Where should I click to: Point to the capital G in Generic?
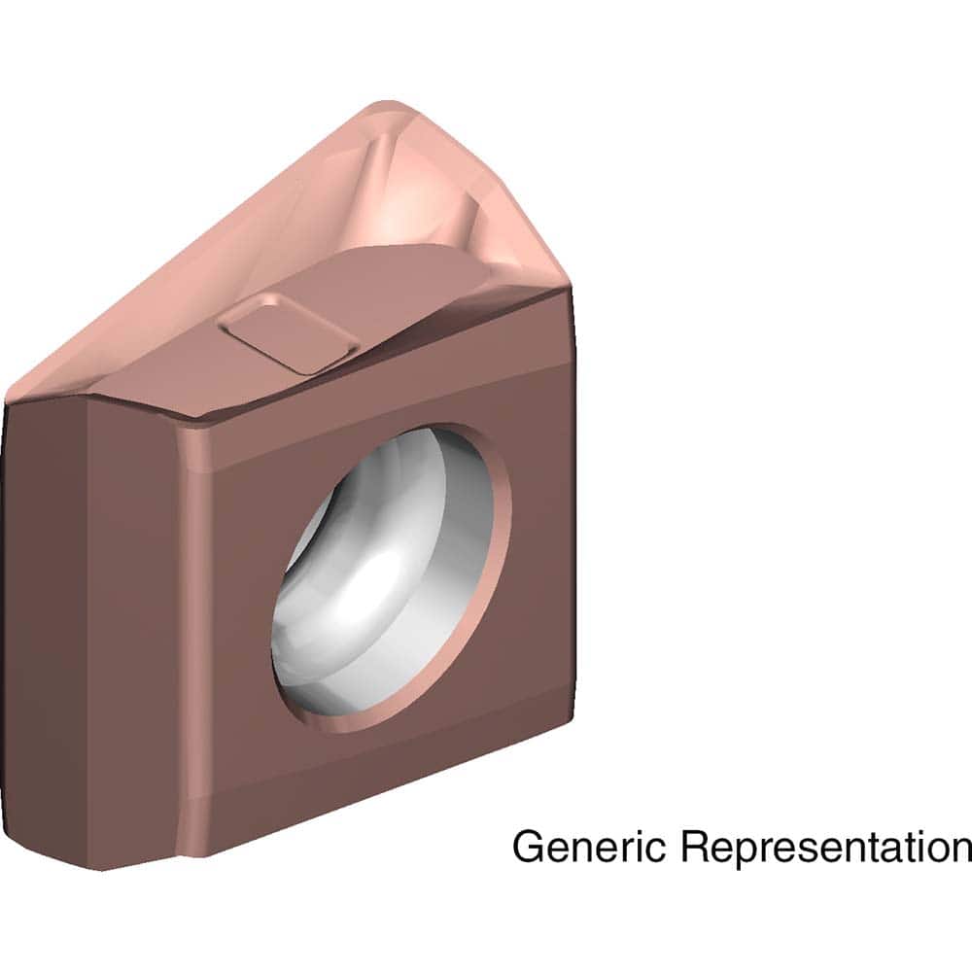tap(529, 846)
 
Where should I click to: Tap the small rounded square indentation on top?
tap(288, 335)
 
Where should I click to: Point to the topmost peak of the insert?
tap(389, 104)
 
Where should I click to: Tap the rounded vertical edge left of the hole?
tap(194, 632)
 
